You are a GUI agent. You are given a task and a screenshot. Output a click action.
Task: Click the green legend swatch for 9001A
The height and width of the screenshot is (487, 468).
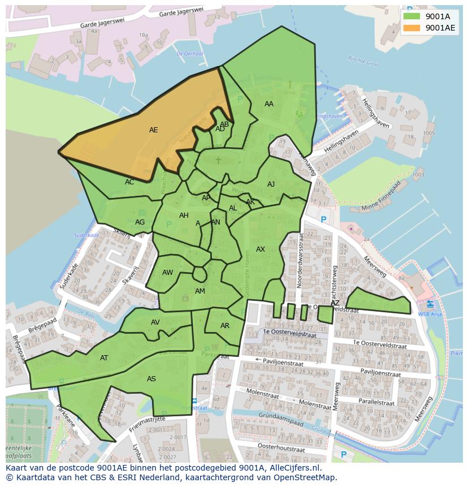[x=412, y=16]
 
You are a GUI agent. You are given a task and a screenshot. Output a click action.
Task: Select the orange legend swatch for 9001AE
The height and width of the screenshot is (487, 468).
[x=412, y=28]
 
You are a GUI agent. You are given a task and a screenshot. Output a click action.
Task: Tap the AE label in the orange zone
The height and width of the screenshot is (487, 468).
[x=153, y=130]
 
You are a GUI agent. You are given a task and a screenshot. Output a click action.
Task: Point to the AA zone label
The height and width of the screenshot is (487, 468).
[x=269, y=104]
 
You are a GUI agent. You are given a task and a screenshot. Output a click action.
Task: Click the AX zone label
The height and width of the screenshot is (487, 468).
[x=261, y=249]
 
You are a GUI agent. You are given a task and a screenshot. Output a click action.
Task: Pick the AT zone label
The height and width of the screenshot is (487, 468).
[x=104, y=358]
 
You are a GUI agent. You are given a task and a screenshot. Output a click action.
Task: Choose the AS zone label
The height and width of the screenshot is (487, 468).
[x=151, y=379]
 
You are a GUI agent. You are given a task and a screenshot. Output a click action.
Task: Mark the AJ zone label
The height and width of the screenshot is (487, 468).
[x=271, y=184]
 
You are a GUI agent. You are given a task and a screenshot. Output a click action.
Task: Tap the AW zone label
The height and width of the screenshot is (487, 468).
[x=168, y=273]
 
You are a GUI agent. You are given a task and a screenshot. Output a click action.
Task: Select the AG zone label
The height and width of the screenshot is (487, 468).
[x=140, y=222]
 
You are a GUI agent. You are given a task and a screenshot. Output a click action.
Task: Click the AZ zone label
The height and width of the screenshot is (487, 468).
[x=335, y=303]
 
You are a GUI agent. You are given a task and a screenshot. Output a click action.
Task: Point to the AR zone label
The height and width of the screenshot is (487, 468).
[x=225, y=326]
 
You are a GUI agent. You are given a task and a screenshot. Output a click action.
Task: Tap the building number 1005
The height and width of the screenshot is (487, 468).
[x=428, y=133]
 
